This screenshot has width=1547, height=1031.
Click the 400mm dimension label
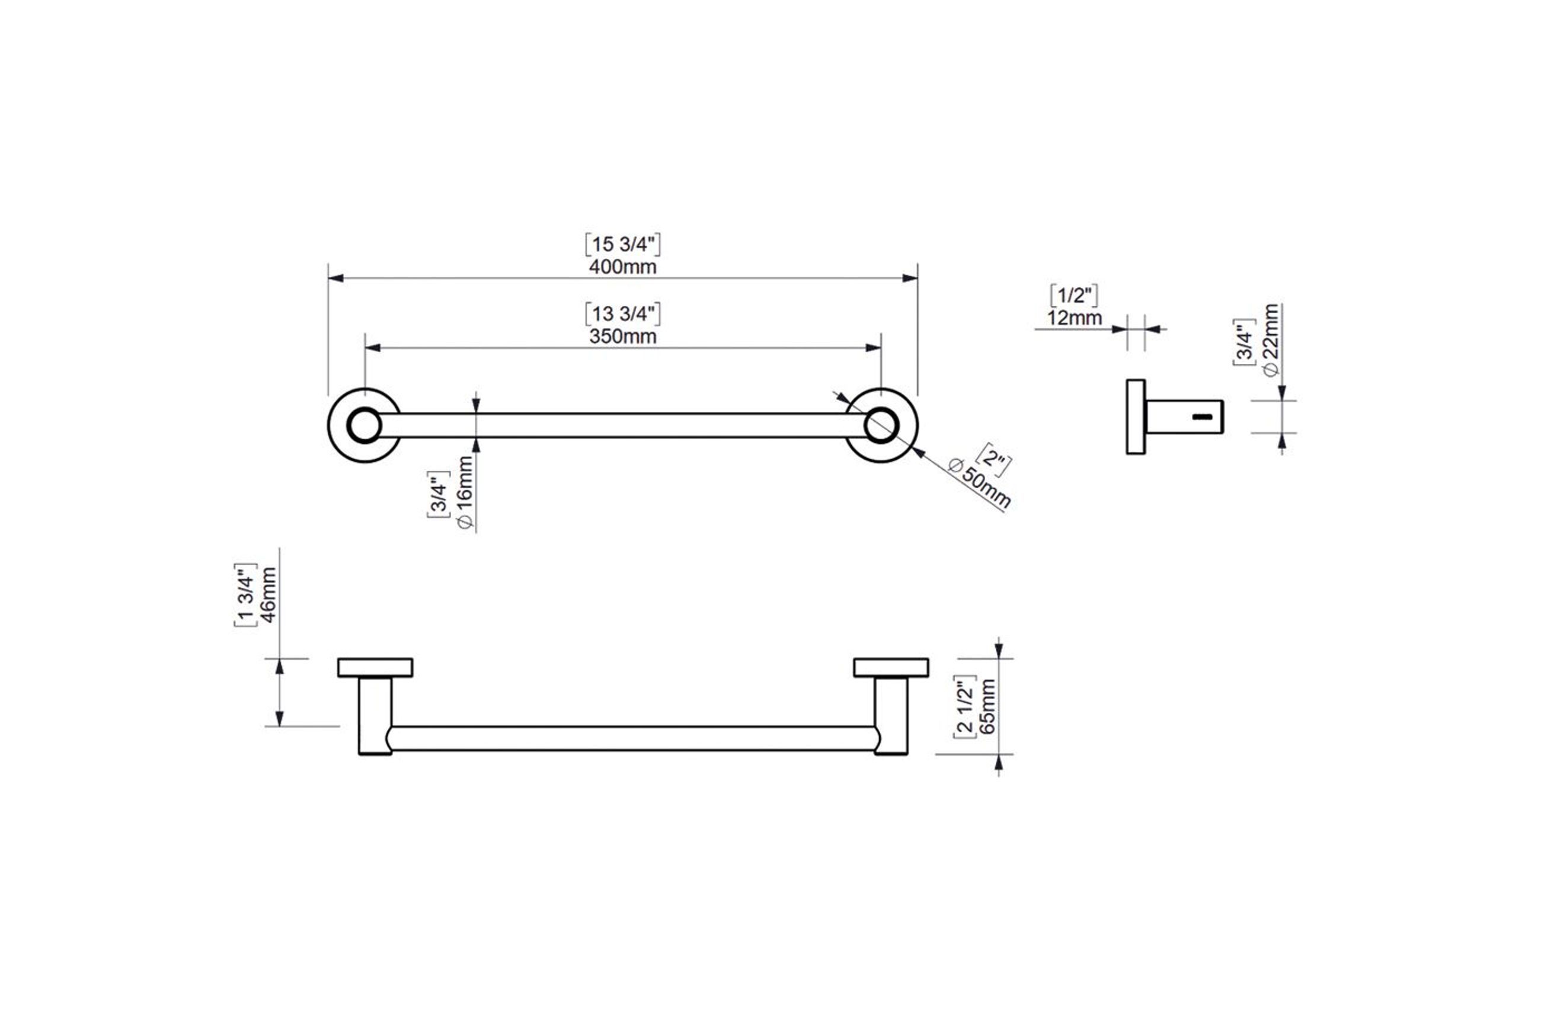pyautogui.click(x=623, y=267)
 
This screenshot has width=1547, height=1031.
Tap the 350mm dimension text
pyautogui.click(x=623, y=337)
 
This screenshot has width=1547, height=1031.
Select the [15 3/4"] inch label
pyautogui.click(x=623, y=245)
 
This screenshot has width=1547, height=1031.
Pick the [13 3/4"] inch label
pyautogui.click(x=623, y=313)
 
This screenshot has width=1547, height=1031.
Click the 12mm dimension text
pyautogui.click(x=1074, y=318)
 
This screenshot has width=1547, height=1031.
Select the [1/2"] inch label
pyautogui.click(x=1074, y=296)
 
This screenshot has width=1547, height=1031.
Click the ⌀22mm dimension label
pyautogui.click(x=1271, y=340)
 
